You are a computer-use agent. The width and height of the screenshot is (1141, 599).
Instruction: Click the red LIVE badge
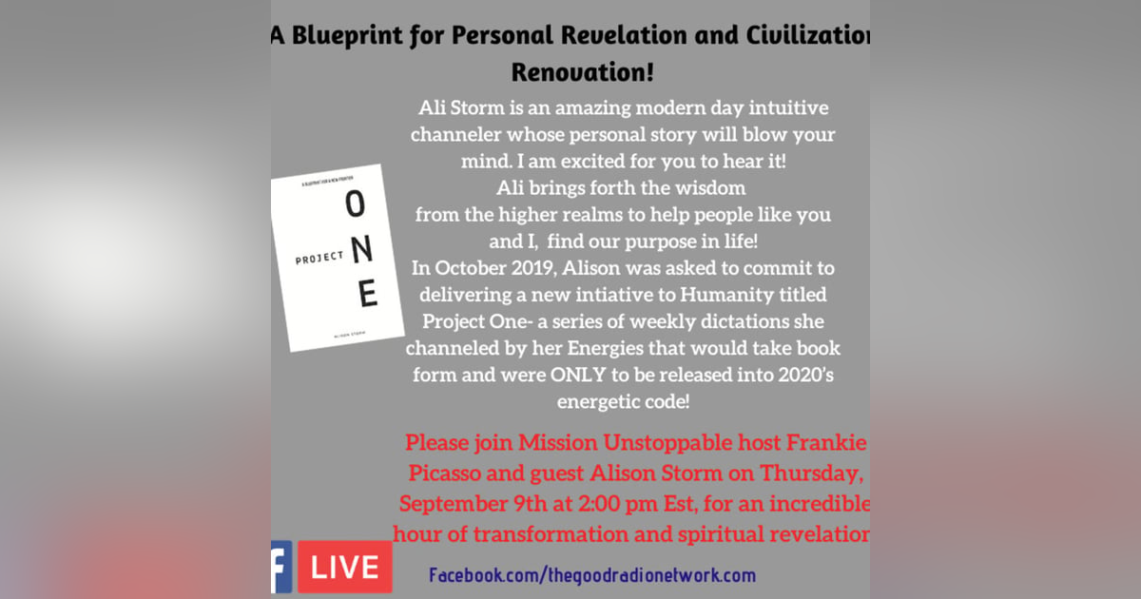(x=344, y=568)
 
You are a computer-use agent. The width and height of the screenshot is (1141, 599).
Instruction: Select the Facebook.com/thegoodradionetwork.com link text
(x=591, y=575)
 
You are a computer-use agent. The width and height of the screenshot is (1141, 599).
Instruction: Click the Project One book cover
(x=334, y=258)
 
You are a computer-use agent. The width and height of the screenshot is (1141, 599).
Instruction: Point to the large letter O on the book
(x=354, y=203)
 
